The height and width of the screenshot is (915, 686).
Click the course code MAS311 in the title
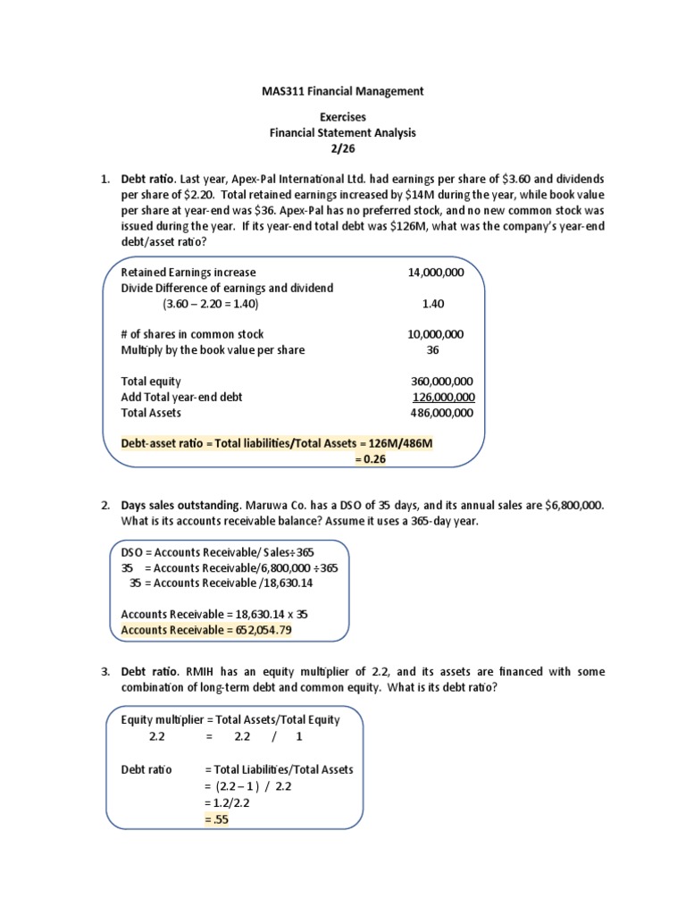click(283, 91)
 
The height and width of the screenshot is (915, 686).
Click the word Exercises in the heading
click(343, 117)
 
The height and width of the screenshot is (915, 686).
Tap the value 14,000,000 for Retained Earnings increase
click(435, 273)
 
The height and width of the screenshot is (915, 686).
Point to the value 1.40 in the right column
click(433, 304)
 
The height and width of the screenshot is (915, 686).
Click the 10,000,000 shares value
click(435, 334)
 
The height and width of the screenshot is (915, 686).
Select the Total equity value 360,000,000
click(441, 382)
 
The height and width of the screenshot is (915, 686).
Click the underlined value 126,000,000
click(443, 397)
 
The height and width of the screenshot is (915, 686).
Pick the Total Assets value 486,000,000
click(441, 413)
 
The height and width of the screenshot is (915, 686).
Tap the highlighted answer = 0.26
click(371, 459)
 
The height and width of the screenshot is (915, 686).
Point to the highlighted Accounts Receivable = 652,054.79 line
click(206, 630)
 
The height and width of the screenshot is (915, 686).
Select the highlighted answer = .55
click(217, 819)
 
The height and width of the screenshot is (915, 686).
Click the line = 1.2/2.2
click(228, 802)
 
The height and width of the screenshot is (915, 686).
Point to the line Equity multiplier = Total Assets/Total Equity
click(230, 719)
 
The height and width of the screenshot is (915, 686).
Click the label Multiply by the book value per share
click(213, 350)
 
